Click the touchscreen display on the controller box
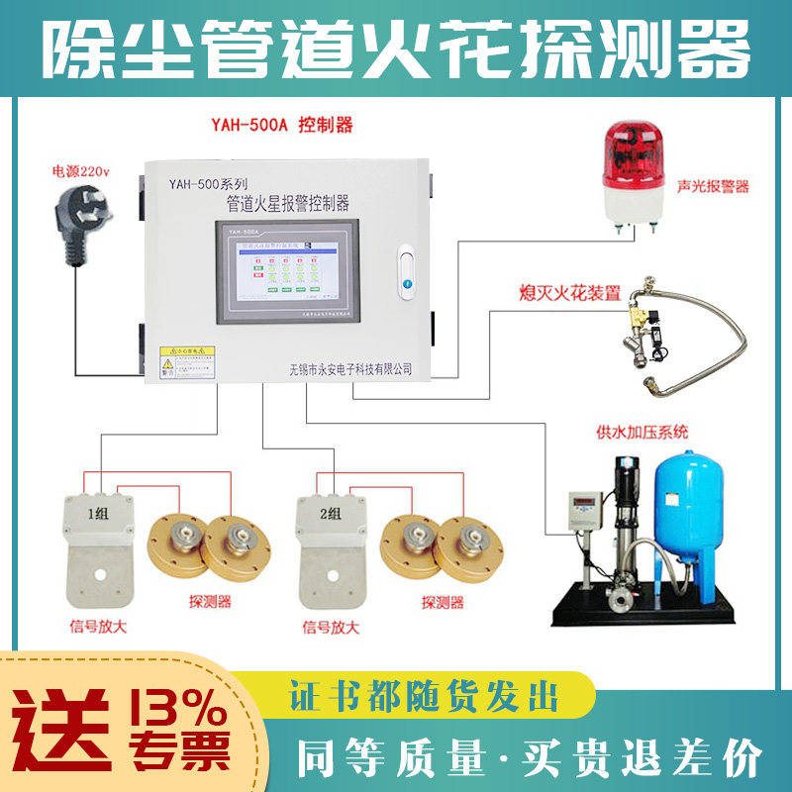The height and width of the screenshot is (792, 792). pos(287,272)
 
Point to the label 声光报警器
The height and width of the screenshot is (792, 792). pos(712,186)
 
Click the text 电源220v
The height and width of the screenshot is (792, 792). pos(81,171)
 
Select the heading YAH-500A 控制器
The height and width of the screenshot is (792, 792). pos(282,126)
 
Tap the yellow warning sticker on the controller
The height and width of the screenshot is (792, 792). pos(188,362)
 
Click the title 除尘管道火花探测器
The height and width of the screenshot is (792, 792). pos(396,48)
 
